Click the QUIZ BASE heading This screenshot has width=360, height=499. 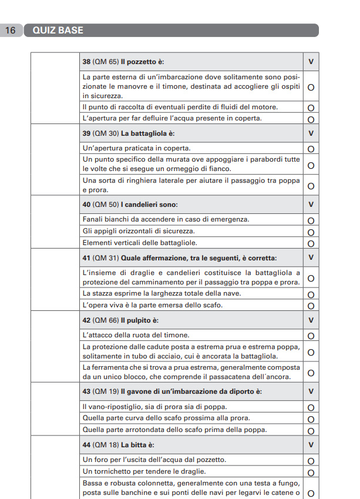58,31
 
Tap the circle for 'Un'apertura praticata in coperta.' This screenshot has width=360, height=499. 311,149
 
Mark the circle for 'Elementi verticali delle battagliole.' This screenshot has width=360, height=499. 311,243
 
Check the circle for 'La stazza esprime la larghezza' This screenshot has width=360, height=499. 311,295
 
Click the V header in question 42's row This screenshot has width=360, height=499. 311,320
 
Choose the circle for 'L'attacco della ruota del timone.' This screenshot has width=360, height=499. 311,336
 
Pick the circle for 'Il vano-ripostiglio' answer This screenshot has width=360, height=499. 311,407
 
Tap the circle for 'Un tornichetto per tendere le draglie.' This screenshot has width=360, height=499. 311,473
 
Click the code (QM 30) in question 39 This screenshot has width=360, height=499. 106,133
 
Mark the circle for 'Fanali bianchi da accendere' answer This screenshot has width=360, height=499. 311,220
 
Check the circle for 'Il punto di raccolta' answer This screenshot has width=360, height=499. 311,108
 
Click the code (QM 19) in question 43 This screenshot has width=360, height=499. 106,391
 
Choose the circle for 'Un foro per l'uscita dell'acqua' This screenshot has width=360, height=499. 311,461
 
